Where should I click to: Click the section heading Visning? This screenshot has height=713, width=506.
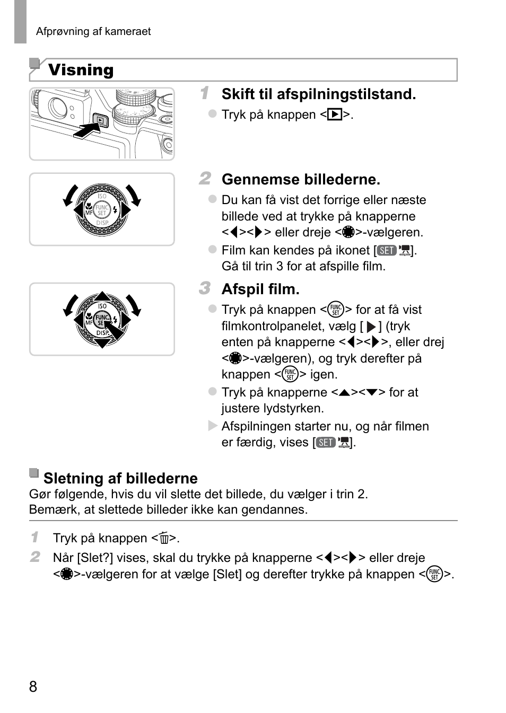click(81, 70)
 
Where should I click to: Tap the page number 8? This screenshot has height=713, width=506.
click(33, 687)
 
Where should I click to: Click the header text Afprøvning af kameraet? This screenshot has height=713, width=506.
click(93, 31)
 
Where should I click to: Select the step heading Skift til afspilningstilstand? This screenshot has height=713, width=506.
click(318, 94)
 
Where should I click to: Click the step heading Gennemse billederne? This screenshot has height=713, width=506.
click(301, 180)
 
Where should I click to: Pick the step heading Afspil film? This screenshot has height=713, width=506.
click(260, 289)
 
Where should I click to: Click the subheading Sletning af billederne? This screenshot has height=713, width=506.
click(120, 478)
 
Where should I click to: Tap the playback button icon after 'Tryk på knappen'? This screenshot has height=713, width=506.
click(334, 115)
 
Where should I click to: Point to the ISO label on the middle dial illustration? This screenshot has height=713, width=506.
click(102, 197)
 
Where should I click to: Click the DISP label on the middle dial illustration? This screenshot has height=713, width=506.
click(102, 223)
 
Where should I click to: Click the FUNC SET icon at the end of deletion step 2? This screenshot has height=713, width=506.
click(434, 575)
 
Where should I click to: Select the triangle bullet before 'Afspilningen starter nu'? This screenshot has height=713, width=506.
click(213, 426)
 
